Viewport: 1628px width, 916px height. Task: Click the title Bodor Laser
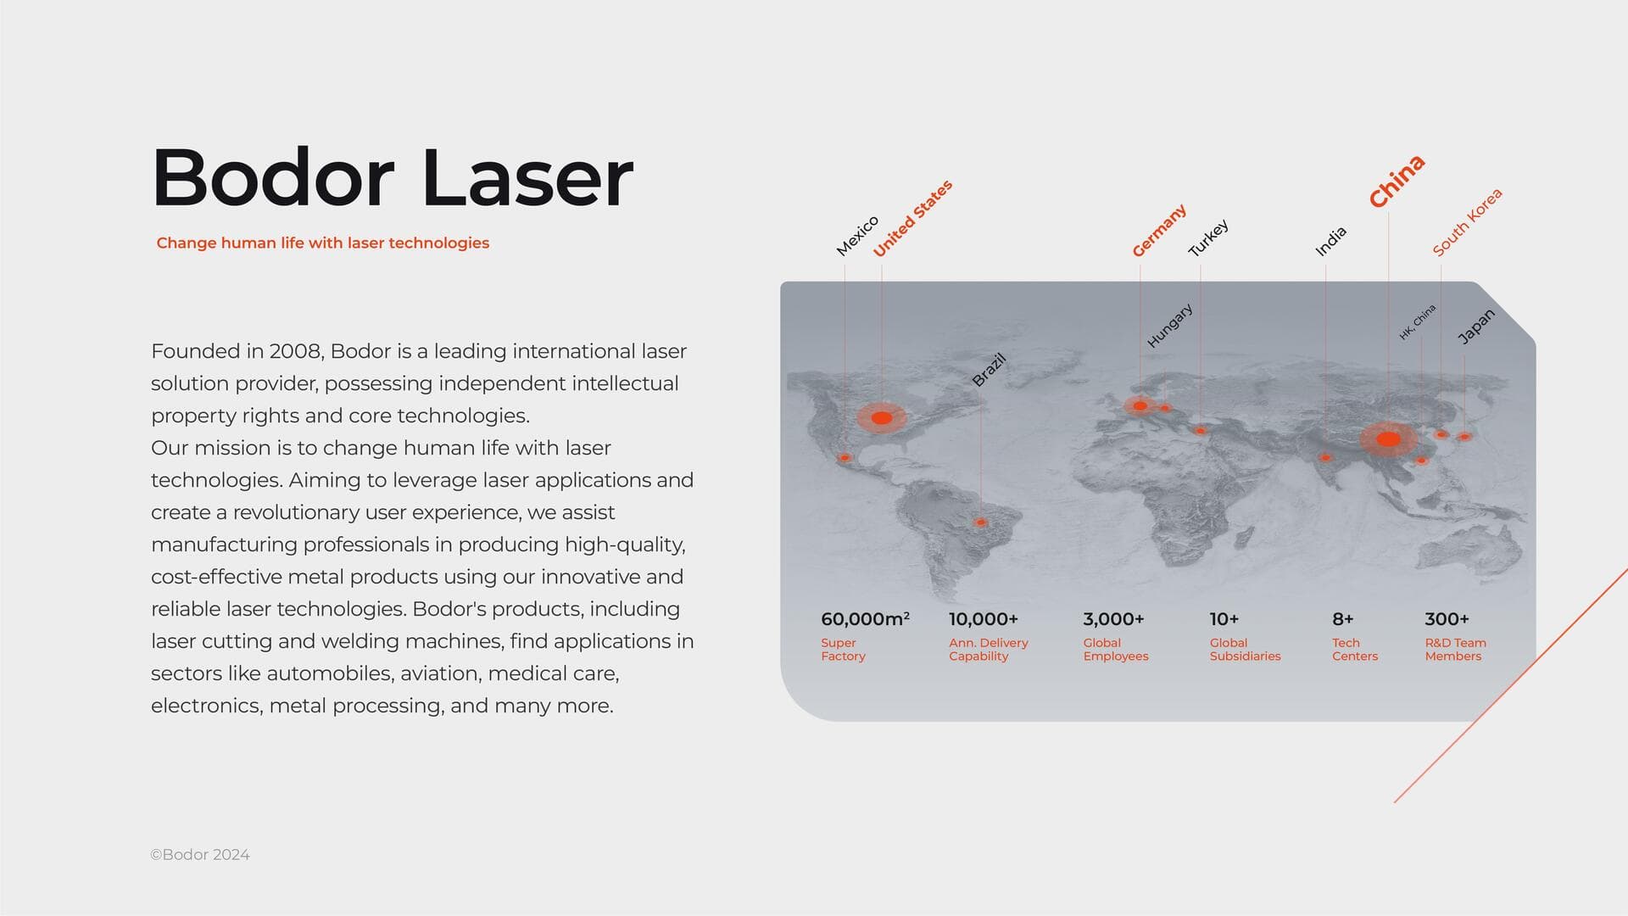click(392, 177)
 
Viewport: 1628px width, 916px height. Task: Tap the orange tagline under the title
click(323, 243)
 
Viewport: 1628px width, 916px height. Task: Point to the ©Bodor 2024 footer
click(200, 855)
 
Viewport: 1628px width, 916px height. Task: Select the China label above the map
click(1397, 181)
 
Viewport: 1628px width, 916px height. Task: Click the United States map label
click(912, 218)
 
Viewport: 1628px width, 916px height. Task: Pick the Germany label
click(1159, 230)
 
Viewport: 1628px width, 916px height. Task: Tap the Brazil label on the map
click(989, 370)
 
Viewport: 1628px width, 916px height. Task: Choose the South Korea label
click(1467, 222)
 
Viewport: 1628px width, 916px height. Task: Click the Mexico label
click(857, 236)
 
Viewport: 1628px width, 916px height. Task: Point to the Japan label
click(1476, 327)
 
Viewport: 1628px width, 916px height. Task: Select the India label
click(1330, 242)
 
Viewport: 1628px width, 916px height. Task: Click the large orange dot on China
click(1388, 439)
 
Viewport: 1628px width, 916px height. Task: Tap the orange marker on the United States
click(882, 417)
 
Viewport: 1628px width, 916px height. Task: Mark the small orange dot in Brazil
click(981, 522)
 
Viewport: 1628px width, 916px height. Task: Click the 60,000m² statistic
click(866, 619)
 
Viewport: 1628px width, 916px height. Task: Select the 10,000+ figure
click(984, 619)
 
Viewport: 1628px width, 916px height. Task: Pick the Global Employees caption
click(1116, 650)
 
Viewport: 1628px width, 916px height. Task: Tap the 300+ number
click(1447, 619)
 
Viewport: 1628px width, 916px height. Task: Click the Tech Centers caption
click(1355, 650)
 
